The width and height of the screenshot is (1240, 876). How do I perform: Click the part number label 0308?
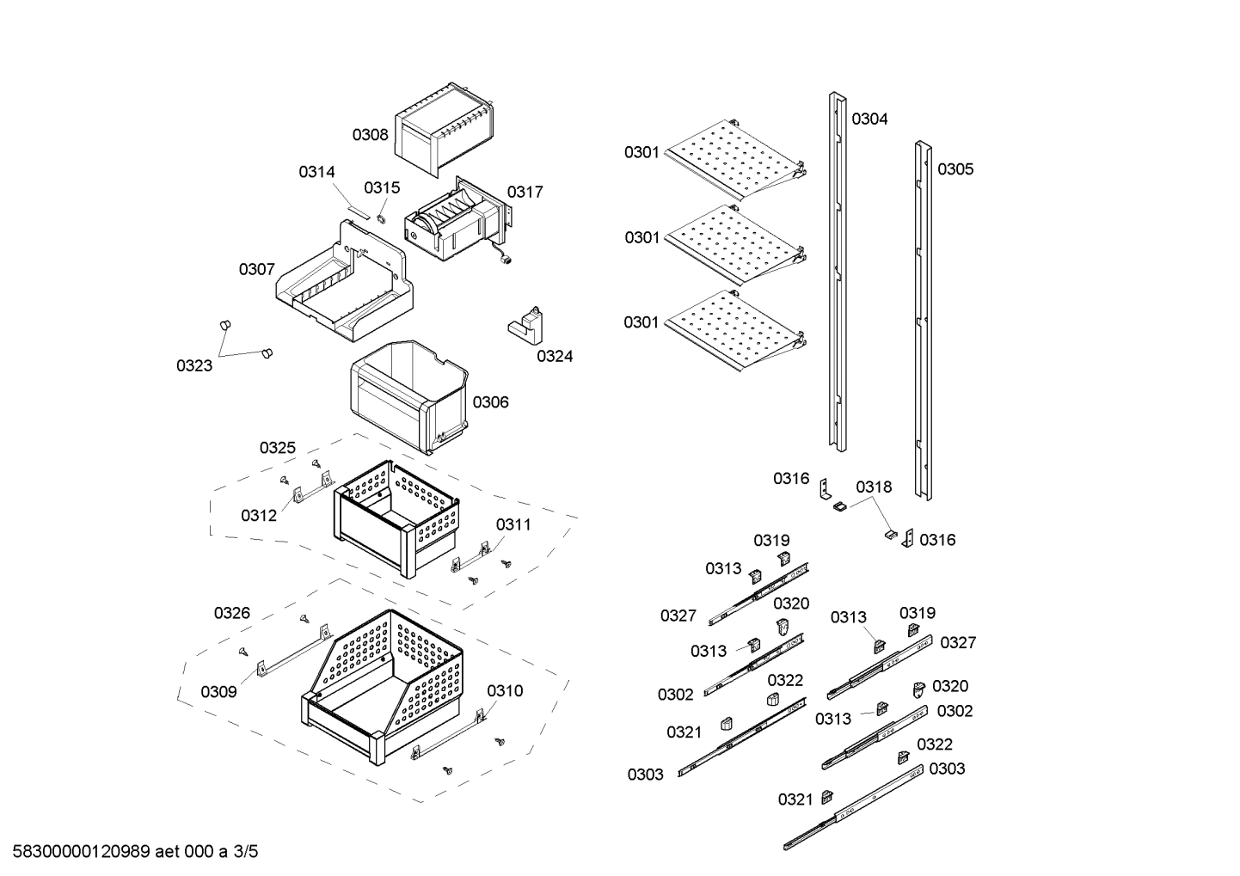point(370,135)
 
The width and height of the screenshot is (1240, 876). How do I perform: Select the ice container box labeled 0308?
point(443,129)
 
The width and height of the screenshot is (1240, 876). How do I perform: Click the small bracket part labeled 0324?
point(526,325)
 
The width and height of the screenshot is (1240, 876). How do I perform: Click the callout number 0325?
point(278,448)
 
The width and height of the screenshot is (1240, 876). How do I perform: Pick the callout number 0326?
point(232,613)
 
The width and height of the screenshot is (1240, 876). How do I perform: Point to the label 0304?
point(869,119)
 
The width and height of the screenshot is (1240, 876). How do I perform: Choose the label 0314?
point(316,172)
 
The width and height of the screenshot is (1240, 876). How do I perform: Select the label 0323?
point(194,366)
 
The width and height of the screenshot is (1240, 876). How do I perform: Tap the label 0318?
point(874,487)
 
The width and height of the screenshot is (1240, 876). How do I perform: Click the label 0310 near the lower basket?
point(505,691)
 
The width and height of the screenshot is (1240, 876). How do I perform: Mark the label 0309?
point(218,692)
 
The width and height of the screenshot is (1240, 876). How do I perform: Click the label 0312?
point(259,516)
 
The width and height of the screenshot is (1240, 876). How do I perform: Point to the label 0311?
point(513,524)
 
